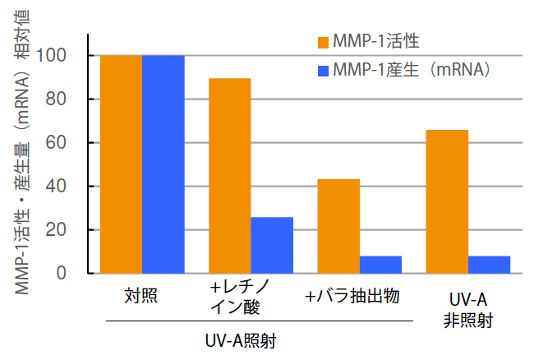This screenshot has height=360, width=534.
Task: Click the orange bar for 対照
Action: tap(122, 164)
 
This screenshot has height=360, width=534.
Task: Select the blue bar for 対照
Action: tap(163, 164)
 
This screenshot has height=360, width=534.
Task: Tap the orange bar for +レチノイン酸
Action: tap(230, 176)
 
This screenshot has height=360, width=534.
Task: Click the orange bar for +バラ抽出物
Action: tap(338, 226)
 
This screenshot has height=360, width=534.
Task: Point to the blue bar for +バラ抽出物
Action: tap(380, 265)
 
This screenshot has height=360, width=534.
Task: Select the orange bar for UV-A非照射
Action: tap(447, 201)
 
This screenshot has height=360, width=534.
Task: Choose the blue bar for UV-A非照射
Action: tap(489, 265)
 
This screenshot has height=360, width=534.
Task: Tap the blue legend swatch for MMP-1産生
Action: tap(322, 70)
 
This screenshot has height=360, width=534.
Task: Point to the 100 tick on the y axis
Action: tap(67, 56)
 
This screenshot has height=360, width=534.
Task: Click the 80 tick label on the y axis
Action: tap(71, 99)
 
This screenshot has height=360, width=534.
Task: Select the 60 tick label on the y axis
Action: tap(71, 143)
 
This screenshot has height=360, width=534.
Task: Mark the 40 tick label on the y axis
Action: tap(71, 187)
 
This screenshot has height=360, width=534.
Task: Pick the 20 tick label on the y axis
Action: tap(71, 230)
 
